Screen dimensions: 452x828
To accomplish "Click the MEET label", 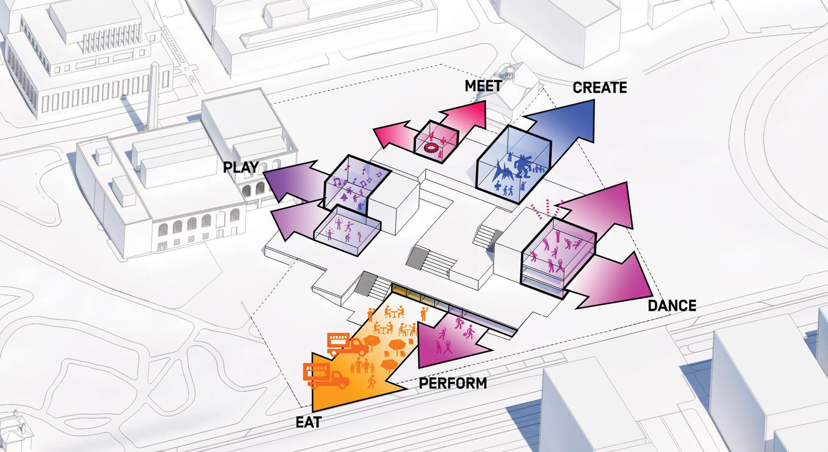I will pos(483,86).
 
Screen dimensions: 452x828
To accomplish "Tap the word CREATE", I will pos(600,88).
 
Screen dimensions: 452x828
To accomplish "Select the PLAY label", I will pos(241,167).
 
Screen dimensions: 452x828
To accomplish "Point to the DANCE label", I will pos(672,306).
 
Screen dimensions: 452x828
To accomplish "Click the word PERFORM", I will pos(453,383).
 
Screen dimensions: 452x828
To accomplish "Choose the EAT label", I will pos(309,423).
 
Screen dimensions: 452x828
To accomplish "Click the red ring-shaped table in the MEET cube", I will pos(431,148).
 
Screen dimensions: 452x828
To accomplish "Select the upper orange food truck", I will pos(347,344).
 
